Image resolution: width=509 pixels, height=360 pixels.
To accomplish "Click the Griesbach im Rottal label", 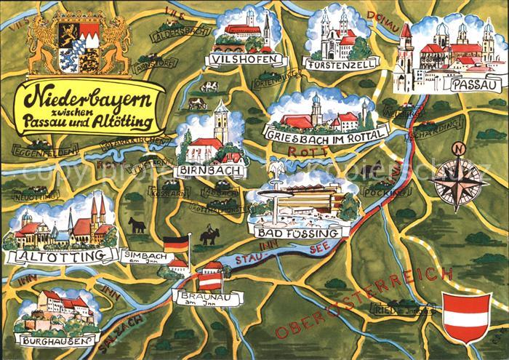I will click(328, 132).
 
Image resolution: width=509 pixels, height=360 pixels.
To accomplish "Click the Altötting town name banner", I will click(60, 255).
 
